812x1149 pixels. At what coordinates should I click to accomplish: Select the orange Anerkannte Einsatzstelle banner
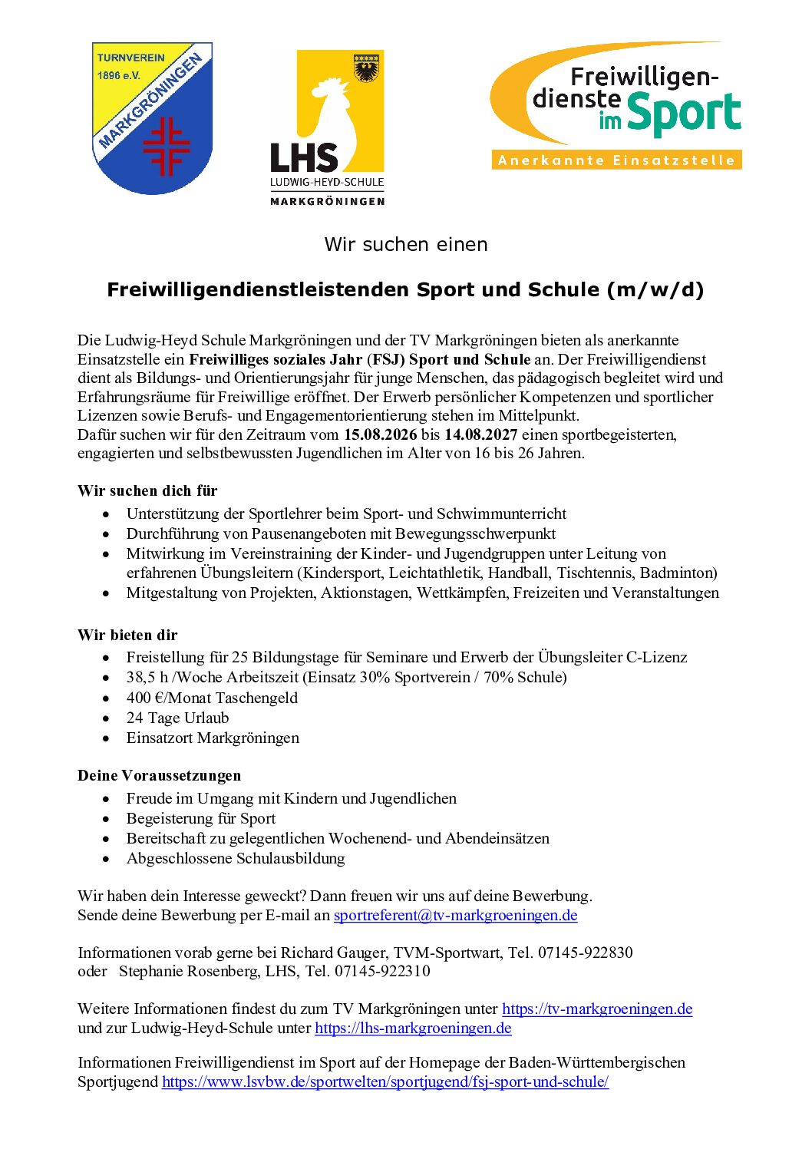coord(616,160)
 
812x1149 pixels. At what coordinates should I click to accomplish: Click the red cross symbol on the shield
coord(167,146)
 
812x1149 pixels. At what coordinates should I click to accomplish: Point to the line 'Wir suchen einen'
coord(406,244)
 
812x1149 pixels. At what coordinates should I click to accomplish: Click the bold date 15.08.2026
coord(380,434)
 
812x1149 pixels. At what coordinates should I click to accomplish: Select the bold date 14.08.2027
coord(480,434)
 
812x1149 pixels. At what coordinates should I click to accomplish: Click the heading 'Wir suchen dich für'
coord(147,490)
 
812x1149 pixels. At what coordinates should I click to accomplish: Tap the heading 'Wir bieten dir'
coord(127,635)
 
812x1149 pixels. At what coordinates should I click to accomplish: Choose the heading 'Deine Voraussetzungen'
coord(159,775)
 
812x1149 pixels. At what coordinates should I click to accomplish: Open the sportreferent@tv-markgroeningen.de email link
coord(455,915)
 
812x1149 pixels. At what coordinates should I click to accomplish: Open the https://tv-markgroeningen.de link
coord(597,1009)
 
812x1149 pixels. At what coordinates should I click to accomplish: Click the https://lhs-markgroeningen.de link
coord(413,1028)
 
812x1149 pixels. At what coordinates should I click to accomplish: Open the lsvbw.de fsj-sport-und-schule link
coord(385,1081)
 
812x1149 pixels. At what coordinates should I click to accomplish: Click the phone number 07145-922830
coord(586,953)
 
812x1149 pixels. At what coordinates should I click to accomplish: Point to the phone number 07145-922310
coord(382,971)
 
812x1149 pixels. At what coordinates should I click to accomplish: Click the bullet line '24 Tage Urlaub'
coord(177,718)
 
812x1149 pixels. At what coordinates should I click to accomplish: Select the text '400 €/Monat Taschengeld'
coord(212,698)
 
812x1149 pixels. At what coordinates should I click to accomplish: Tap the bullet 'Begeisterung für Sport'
coord(201,818)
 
